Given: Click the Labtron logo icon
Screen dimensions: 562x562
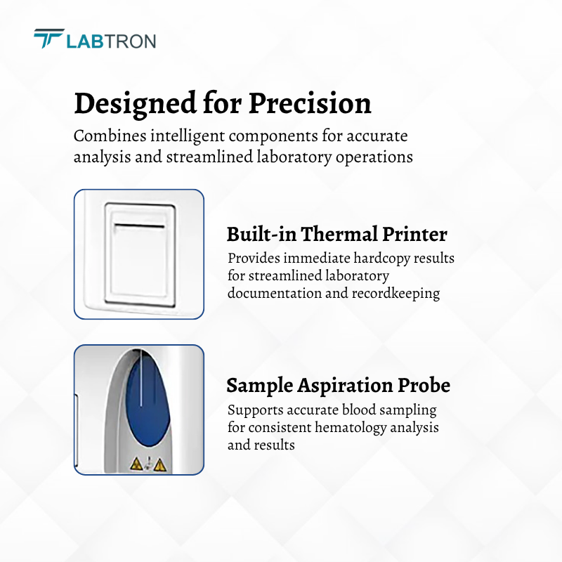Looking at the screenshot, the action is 48,38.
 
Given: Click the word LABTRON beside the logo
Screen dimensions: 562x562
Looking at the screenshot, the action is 111,41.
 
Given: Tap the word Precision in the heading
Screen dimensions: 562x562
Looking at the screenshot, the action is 310,103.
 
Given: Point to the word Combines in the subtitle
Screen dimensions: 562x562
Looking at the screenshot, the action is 110,136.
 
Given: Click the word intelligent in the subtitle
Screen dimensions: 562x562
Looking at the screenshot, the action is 188,136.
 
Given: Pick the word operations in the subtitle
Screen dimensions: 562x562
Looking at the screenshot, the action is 374,157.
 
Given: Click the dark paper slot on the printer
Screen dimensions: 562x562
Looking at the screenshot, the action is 139,226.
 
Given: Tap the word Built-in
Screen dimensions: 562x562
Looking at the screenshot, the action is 261,234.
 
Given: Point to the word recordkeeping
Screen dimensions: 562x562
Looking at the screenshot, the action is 396,294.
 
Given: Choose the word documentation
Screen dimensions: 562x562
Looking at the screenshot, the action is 274,293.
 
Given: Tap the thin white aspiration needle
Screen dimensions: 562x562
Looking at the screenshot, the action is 141,377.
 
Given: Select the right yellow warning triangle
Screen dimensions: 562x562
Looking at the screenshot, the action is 159,464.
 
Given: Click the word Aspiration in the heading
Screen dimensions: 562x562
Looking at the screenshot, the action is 346,386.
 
